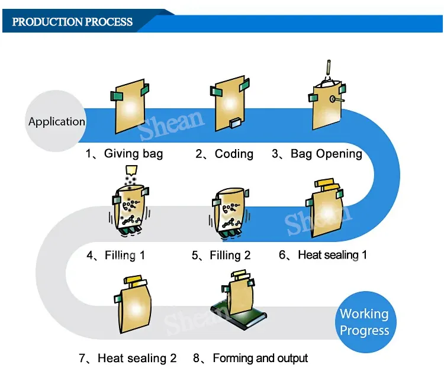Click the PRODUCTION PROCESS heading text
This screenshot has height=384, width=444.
pos(72,22)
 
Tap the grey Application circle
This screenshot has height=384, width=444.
pos(57,122)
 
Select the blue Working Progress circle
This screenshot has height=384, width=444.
pos(364,322)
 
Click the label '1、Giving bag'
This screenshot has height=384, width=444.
pos(124,154)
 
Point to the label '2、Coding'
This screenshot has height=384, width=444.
pos(224,154)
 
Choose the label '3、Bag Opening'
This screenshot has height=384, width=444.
pos(317,154)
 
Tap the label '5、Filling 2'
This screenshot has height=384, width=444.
pos(221,256)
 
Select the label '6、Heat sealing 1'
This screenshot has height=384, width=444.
pos(323,255)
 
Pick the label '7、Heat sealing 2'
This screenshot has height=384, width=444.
pos(128,358)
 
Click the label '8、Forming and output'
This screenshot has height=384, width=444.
pos(250,358)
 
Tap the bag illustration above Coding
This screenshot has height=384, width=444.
pos(228,107)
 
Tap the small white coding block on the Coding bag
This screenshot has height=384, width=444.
pos(234,124)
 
